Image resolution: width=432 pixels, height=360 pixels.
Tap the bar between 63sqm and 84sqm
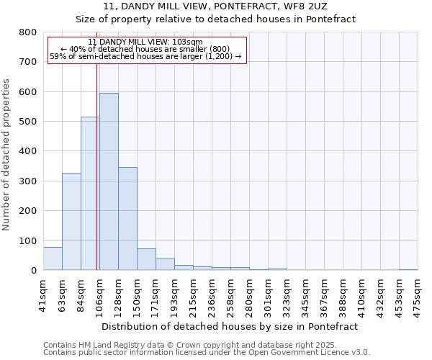pyautogui.click(x=71, y=222)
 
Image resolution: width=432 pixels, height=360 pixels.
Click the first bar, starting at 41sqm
pyautogui.click(x=53, y=258)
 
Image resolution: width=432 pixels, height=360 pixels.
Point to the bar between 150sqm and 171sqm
pyautogui.click(x=146, y=259)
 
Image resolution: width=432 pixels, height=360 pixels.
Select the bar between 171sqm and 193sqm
pyautogui.click(x=165, y=264)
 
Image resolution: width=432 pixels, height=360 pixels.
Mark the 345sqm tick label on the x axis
pyautogui.click(x=305, y=294)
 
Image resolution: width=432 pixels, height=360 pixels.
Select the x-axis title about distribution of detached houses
pyautogui.click(x=230, y=326)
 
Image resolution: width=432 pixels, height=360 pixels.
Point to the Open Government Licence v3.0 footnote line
pyautogui.click(x=207, y=353)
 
